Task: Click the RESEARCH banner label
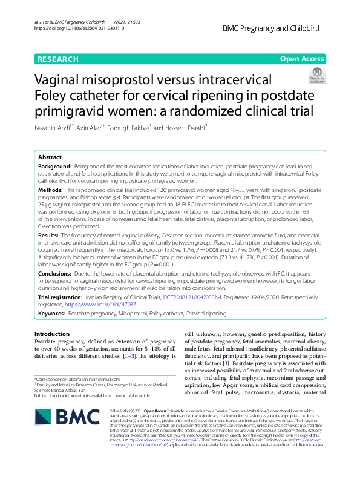57,59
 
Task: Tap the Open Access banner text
302,59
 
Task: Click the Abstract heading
50,156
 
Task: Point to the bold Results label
48,234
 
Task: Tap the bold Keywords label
51,314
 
